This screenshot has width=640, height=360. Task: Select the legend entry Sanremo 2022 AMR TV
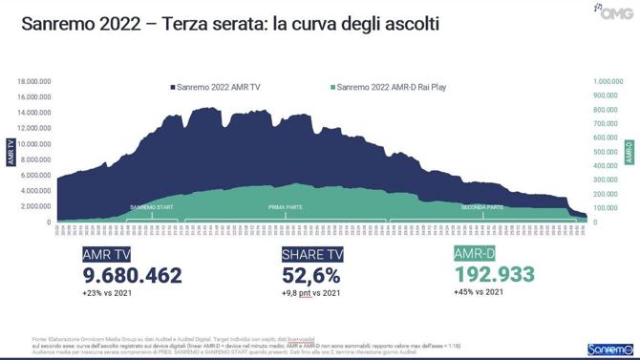pyautogui.click(x=219, y=87)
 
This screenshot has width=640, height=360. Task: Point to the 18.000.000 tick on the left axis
pyautogui.click(x=34, y=82)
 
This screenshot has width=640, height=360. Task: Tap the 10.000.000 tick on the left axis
pyautogui.click(x=34, y=144)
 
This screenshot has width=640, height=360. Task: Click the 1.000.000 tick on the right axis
pyautogui.click(x=609, y=82)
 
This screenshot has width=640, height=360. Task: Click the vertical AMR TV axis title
pyautogui.click(x=11, y=152)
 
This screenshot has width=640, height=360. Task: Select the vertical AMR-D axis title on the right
pyautogui.click(x=629, y=152)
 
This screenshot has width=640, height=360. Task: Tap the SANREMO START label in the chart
pyautogui.click(x=151, y=206)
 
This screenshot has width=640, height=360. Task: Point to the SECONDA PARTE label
pyautogui.click(x=482, y=206)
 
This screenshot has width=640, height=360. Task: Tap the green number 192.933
pyautogui.click(x=495, y=274)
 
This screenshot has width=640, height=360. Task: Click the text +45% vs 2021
pyautogui.click(x=479, y=291)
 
